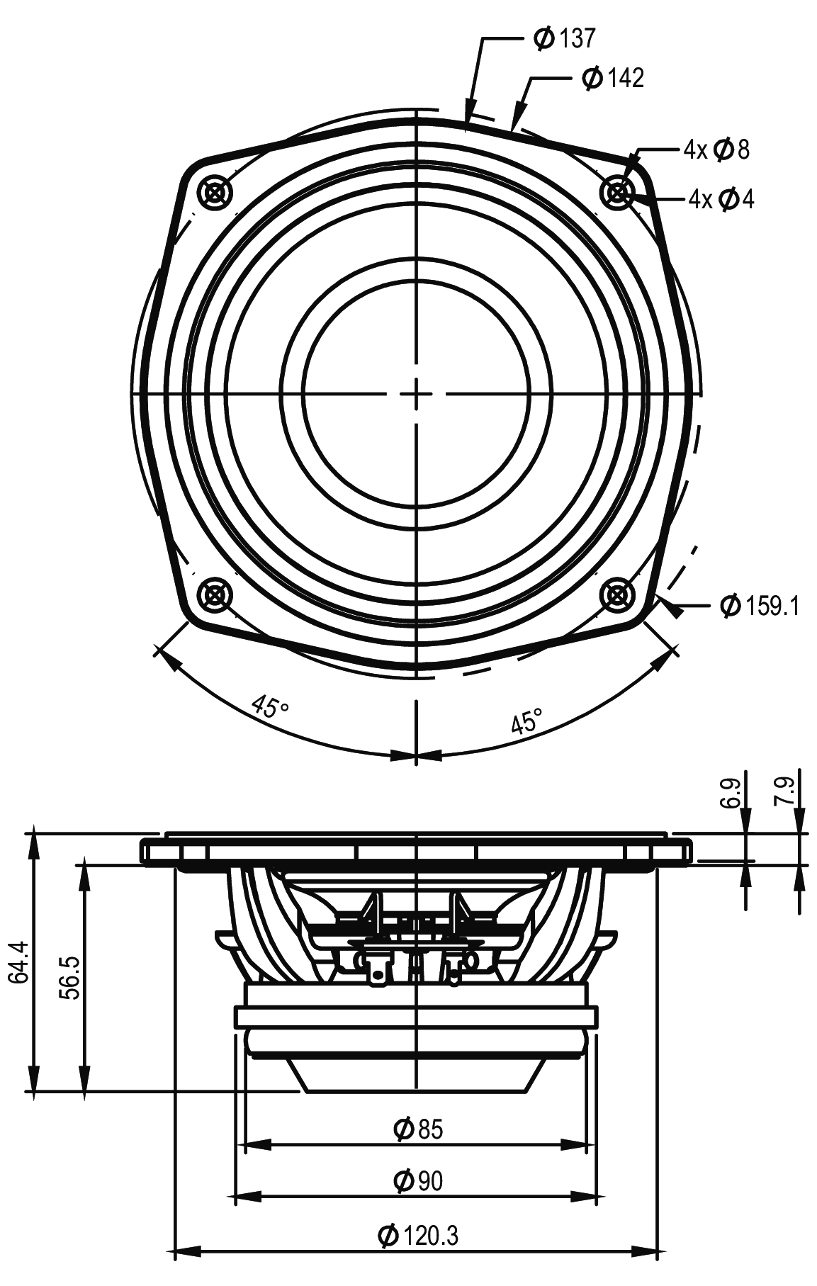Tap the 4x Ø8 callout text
pyautogui.click(x=716, y=150)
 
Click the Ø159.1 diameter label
pyautogui.click(x=759, y=607)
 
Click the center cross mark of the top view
pyautogui.click(x=417, y=393)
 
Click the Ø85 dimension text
pyautogui.click(x=417, y=1129)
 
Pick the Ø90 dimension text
pyautogui.click(x=417, y=1180)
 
